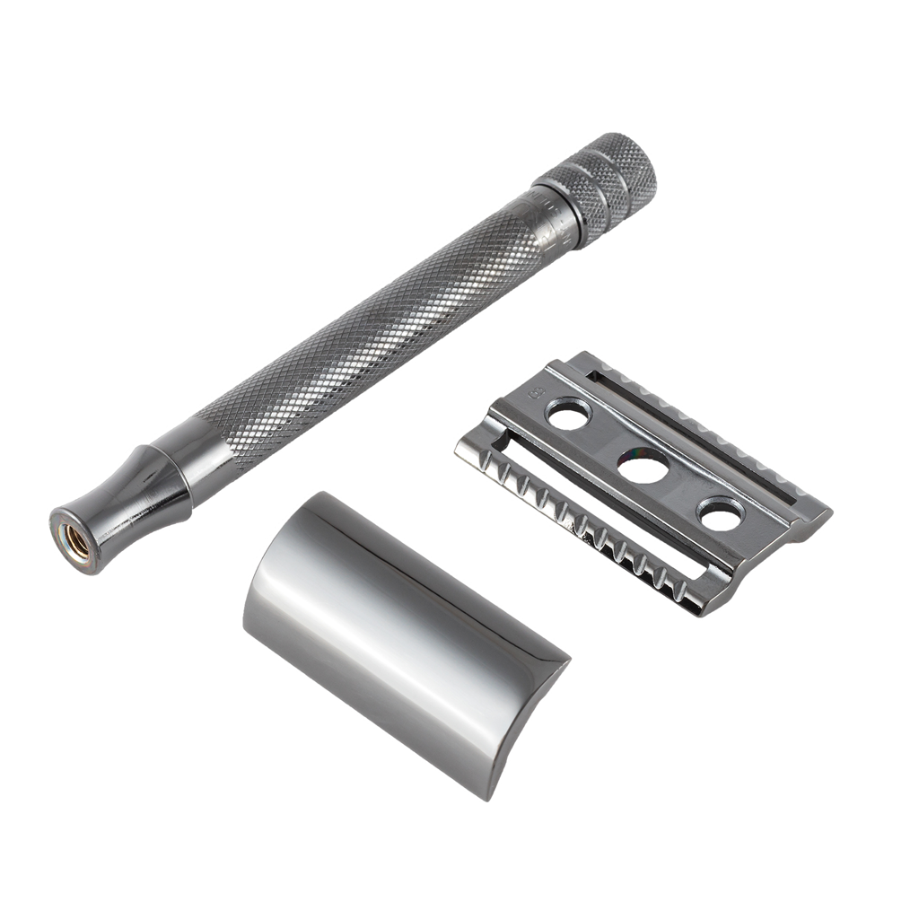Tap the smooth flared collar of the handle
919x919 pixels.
(x=135, y=492)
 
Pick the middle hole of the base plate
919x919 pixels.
(x=643, y=466)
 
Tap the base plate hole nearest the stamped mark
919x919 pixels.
(x=565, y=414)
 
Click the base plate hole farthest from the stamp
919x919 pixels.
(x=722, y=515)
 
